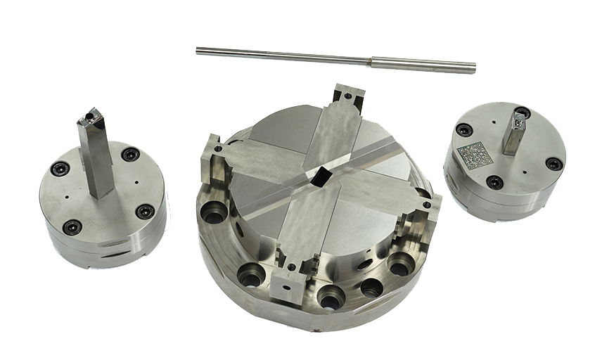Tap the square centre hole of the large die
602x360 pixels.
click(320, 176)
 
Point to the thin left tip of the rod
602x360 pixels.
click(199, 49)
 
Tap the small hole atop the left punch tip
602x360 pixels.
click(90, 112)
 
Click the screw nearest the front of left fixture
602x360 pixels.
click(72, 226)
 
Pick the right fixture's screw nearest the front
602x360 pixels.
click(494, 182)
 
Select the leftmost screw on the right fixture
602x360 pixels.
click(464, 129)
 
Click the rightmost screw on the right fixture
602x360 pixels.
click(553, 164)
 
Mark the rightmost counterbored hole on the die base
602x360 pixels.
click(401, 264)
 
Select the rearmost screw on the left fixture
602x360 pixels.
click(130, 154)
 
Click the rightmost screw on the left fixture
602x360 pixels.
click(145, 211)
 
